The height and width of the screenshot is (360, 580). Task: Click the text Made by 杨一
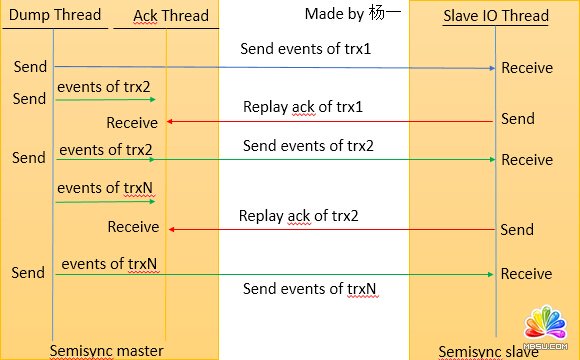(349, 15)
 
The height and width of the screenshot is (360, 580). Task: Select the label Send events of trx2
(307, 146)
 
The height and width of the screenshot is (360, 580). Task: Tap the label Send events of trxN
(310, 289)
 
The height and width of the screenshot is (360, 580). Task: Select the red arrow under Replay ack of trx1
(330, 121)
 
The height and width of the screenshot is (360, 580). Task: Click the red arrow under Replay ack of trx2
(330, 229)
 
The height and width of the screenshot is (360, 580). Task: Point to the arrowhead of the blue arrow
(492, 68)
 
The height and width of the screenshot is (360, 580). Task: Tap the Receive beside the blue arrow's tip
(526, 68)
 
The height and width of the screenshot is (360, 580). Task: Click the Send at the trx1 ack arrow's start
(517, 119)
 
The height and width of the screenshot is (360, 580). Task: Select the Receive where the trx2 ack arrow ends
(133, 228)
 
